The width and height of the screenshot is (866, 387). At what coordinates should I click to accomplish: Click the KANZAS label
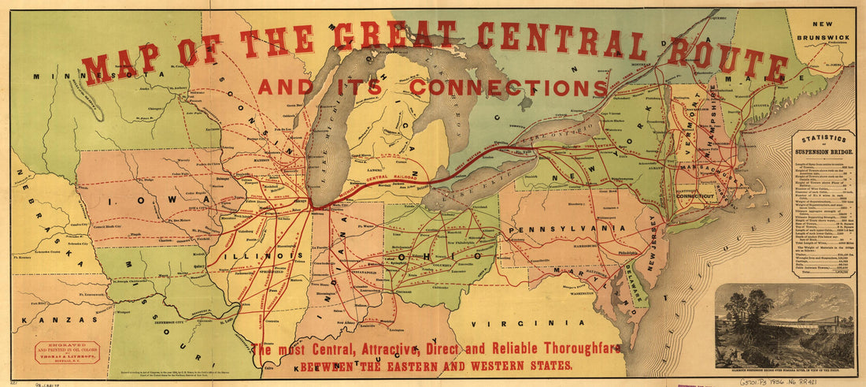(x=49, y=319)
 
